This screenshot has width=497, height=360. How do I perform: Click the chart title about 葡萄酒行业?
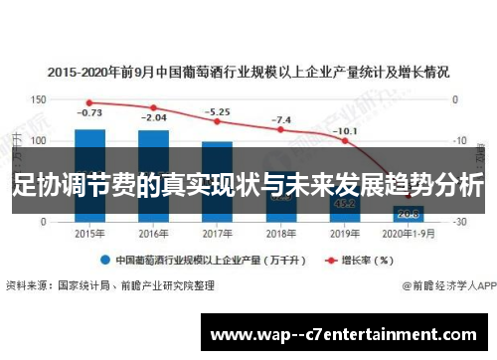248,72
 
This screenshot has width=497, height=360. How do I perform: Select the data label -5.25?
217,111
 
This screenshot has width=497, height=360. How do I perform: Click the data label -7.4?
281,119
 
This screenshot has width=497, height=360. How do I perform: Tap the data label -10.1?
345,130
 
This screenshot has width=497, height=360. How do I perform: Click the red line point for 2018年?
280,130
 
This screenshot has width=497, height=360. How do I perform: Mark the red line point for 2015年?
89,101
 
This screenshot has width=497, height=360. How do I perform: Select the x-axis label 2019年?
345,234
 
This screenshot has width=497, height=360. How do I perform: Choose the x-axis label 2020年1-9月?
409,234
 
